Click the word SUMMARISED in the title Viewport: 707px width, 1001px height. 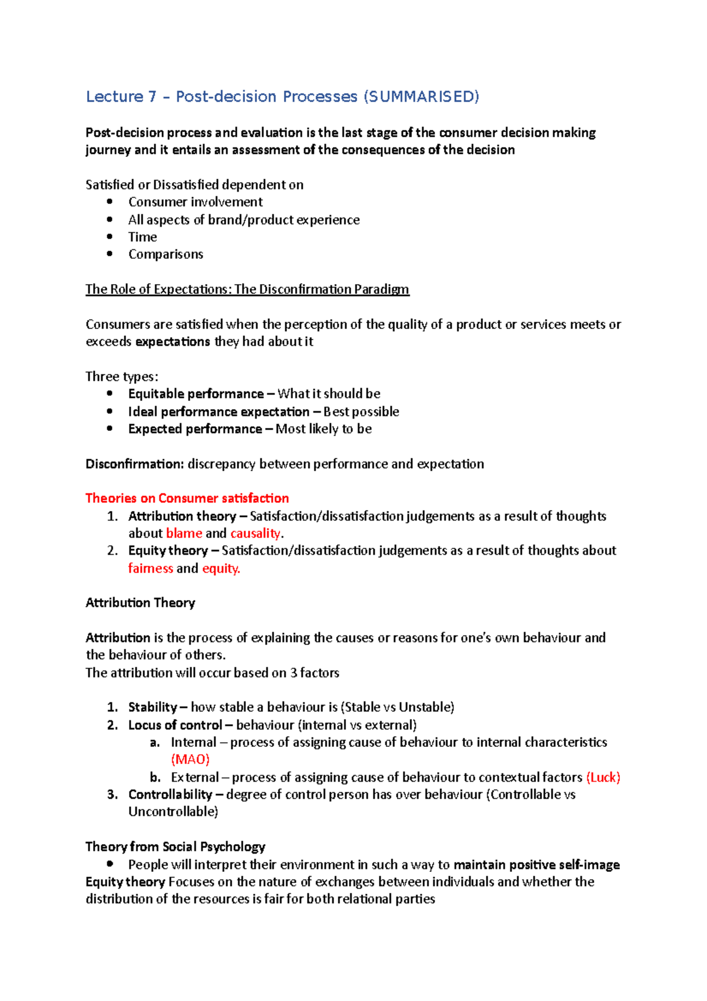(421, 97)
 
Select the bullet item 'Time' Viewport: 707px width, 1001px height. (143, 237)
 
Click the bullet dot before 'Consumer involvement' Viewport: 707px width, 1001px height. (110, 202)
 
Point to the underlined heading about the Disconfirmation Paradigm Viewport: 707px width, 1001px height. (247, 289)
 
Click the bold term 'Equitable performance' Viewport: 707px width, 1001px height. (196, 394)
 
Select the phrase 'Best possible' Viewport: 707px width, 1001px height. (361, 411)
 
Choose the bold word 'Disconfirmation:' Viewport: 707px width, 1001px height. (135, 464)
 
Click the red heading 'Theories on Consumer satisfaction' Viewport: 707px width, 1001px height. (187, 498)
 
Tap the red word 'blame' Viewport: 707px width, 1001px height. (184, 534)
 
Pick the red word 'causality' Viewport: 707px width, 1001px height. (255, 534)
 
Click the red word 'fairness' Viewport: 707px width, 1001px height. (150, 568)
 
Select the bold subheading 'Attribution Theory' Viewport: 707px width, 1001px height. (140, 602)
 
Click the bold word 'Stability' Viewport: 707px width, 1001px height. (153, 707)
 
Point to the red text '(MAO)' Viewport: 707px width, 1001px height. (190, 759)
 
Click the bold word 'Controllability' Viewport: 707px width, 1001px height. (170, 795)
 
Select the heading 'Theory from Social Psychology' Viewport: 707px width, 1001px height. (175, 847)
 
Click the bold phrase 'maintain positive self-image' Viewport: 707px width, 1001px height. (536, 865)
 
